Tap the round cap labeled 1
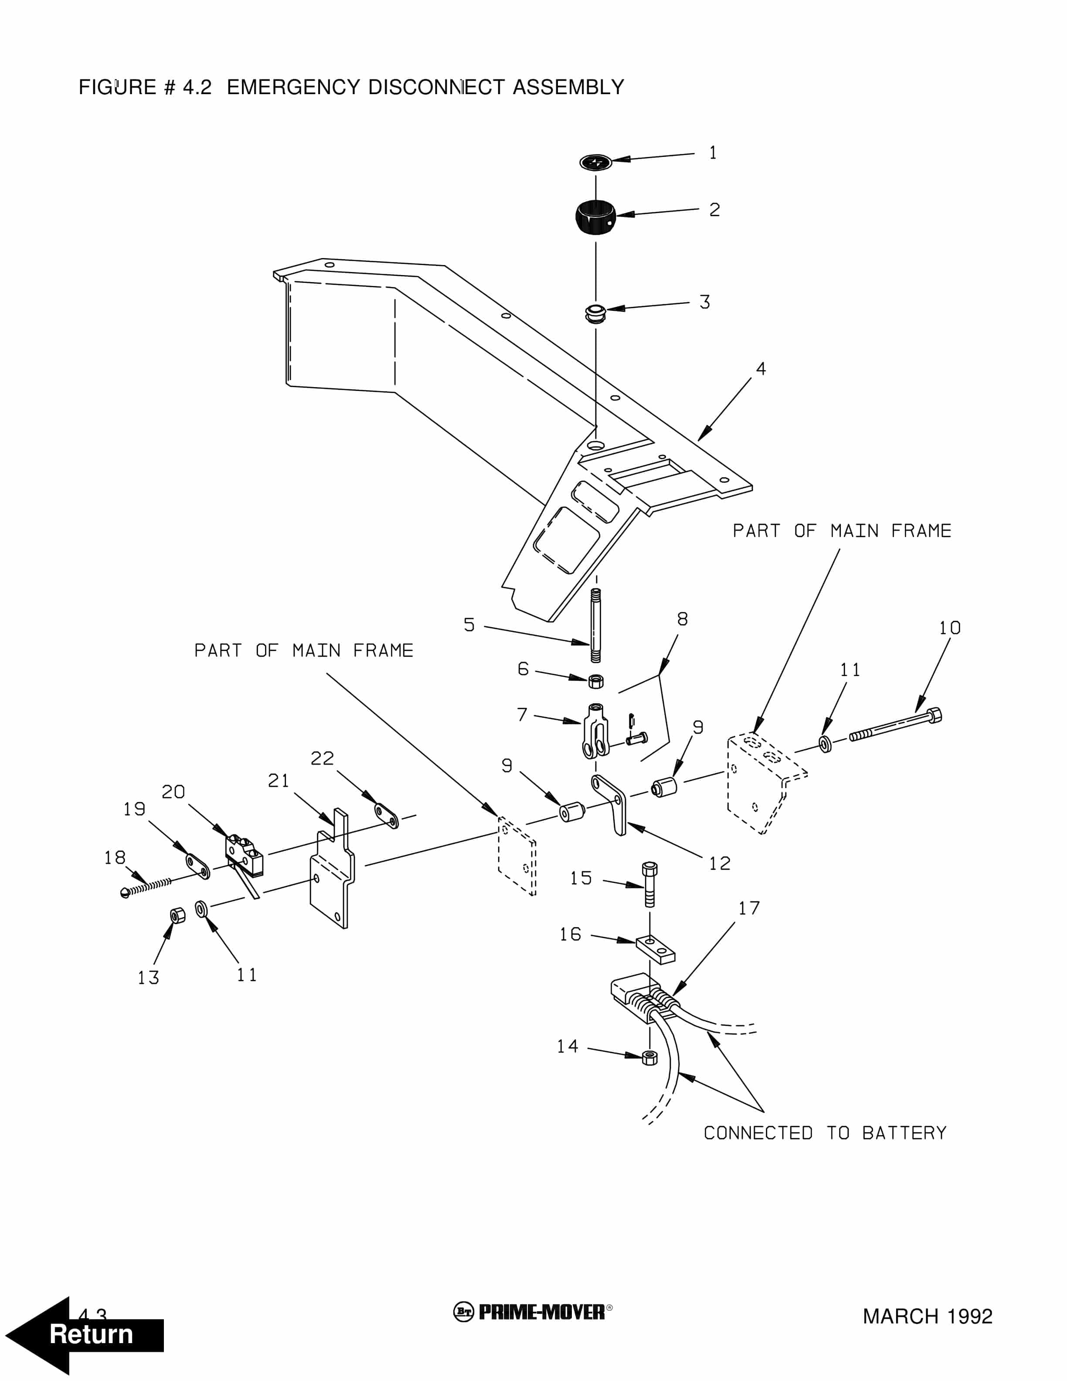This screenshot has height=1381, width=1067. tap(595, 163)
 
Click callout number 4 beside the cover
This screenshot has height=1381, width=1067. tap(761, 369)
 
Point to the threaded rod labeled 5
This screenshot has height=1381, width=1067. tap(595, 625)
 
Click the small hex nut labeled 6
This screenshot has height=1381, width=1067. tap(595, 681)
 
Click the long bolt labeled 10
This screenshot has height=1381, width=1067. tap(894, 725)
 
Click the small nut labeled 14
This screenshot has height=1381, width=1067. tap(649, 1057)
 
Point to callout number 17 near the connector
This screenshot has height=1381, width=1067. tap(749, 908)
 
